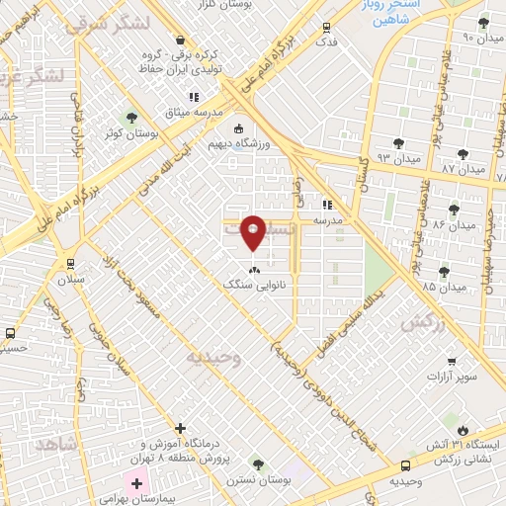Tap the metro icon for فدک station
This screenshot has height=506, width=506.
coord(326,29)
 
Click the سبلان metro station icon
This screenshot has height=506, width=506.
coord(69,263)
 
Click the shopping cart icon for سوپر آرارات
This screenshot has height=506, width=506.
coord(452,361)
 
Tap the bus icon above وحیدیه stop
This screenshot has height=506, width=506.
coord(405,465)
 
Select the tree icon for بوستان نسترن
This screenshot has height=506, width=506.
coord(258,463)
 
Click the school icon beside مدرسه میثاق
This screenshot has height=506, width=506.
coord(195,97)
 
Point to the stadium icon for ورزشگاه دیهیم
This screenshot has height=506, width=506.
coord(237,128)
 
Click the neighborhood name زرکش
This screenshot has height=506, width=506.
coord(419,323)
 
